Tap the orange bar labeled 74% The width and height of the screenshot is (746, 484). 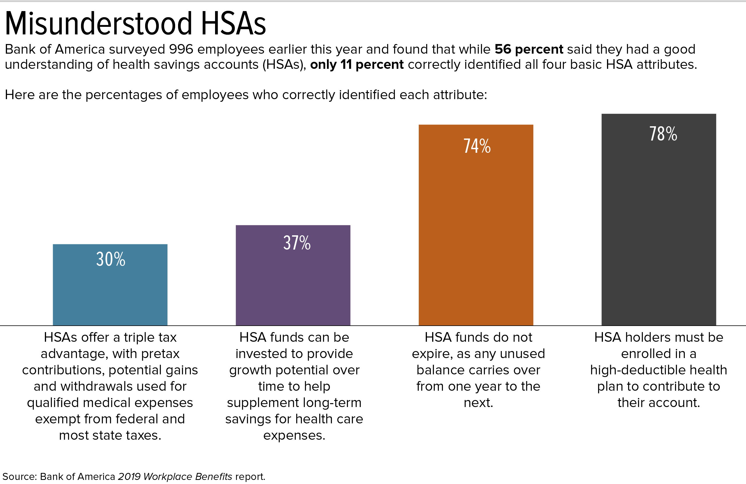pos(476,235)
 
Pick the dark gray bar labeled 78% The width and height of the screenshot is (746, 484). pos(659,229)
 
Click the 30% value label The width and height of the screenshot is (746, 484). pos(111,259)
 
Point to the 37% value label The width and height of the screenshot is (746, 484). pos(297,243)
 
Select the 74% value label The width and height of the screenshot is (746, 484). pos(477,146)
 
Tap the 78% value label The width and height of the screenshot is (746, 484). pos(663,134)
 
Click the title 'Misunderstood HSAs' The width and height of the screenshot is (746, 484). pos(136,24)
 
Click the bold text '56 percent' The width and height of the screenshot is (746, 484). pos(529,49)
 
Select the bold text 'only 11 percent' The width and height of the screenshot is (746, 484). pos(357,64)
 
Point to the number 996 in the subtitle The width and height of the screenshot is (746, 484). pos(181,49)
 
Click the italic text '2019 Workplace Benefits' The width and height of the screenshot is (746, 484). pos(175,476)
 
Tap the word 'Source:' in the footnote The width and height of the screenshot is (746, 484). pos(20,476)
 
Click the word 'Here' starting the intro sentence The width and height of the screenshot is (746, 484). pos(20,95)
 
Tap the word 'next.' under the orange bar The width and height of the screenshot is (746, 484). pos(478,403)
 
